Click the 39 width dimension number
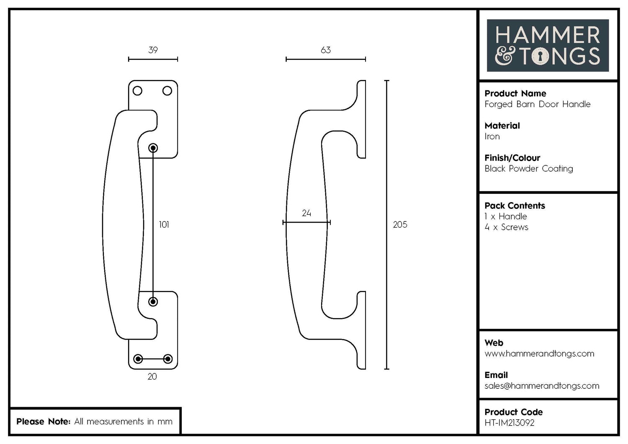tap(153, 50)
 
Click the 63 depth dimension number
tap(325, 50)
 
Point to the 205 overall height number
tap(400, 225)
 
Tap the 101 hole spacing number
tap(164, 225)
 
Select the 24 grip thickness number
tap(306, 213)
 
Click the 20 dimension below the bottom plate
tap(152, 377)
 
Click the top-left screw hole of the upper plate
tap(137, 91)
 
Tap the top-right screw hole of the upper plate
tap(167, 91)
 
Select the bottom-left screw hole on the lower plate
tap(138, 359)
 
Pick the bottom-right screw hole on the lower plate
tap(168, 359)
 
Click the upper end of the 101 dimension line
tap(153, 148)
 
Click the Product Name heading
tap(515, 93)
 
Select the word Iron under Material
tap(492, 136)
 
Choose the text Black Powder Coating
tap(528, 169)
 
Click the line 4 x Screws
tap(506, 227)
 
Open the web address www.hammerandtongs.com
tap(539, 354)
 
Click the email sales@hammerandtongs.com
tap(542, 386)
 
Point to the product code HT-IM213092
tap(509, 423)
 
